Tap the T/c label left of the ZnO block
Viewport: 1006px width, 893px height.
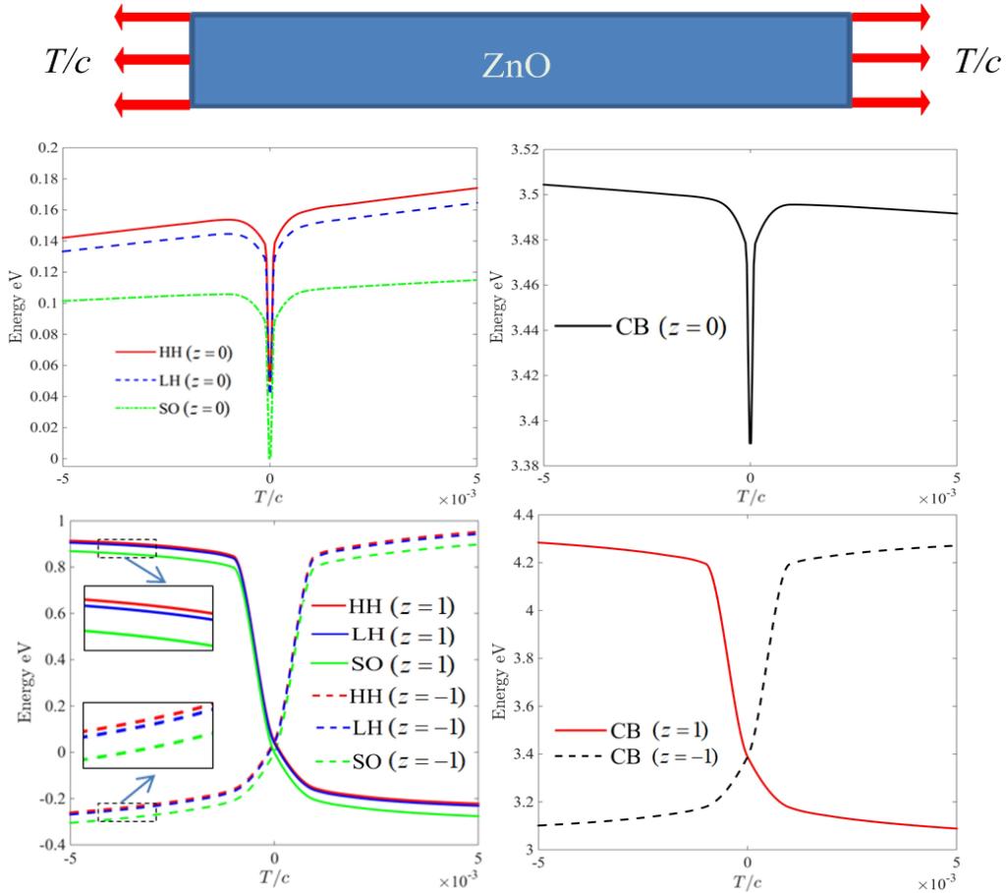tap(68, 62)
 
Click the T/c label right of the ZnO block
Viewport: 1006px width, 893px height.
tap(978, 62)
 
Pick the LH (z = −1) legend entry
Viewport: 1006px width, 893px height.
tap(405, 730)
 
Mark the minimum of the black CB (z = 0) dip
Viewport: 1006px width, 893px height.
tap(750, 443)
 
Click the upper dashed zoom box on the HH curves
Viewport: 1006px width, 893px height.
tap(127, 547)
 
